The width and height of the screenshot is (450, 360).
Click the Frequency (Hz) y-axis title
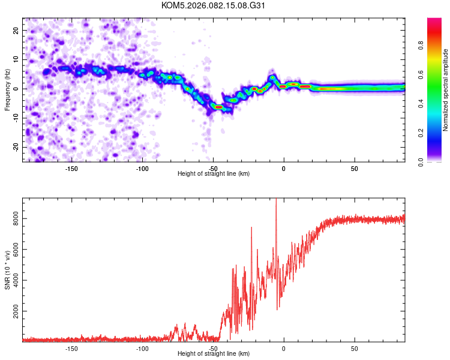tap(8, 89)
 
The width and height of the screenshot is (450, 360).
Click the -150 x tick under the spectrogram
tap(71, 168)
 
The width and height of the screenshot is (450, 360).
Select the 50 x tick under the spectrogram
tap(355, 168)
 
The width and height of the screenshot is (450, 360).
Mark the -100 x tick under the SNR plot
tap(142, 348)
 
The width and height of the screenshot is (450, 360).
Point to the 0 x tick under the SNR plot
tap(284, 348)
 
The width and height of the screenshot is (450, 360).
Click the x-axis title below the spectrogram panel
tap(214, 174)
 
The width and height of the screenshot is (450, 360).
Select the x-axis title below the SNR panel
tap(214, 354)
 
